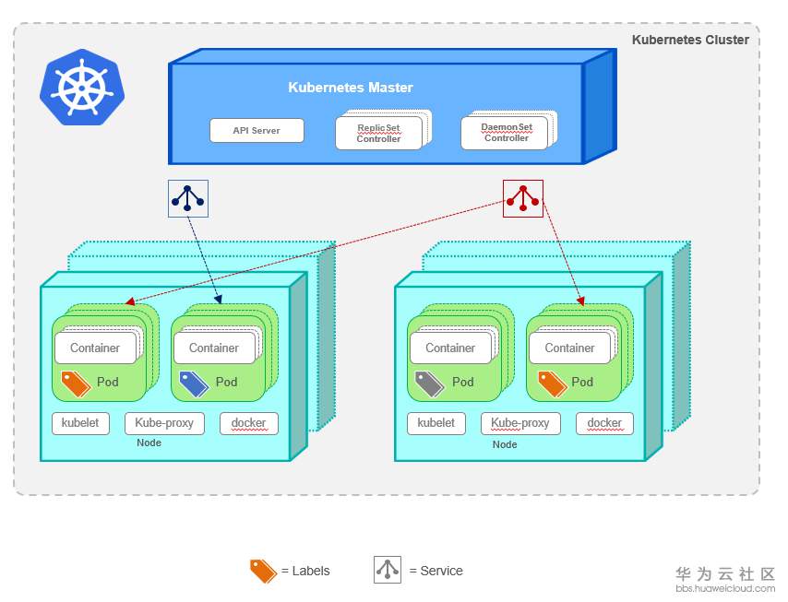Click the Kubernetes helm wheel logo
coord(80,88)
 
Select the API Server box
coord(257,131)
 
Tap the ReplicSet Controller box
coord(378,134)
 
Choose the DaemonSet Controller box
coord(506,133)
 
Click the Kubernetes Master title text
coord(351,88)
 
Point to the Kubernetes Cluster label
coord(690,40)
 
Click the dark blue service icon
coord(188,197)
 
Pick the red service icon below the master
coord(522,197)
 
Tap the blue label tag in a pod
coord(194,383)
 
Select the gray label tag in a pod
coord(430,383)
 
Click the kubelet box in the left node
coord(80,423)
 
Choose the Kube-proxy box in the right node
coord(520,423)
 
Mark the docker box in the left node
coord(248,423)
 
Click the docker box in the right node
coord(604,423)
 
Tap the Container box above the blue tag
coord(213,348)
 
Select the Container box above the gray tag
coord(450,348)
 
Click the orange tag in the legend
coord(263,571)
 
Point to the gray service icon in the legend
coord(388,571)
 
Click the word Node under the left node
coord(149,443)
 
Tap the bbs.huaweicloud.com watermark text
coord(725,588)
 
